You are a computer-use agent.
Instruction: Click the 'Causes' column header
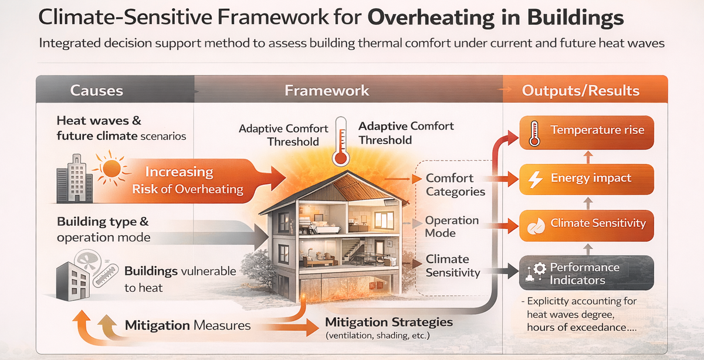pyautogui.click(x=96, y=90)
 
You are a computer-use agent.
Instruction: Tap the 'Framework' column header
pyautogui.click(x=327, y=90)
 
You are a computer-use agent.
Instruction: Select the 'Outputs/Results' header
pyautogui.click(x=580, y=91)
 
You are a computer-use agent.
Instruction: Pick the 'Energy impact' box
pyautogui.click(x=585, y=179)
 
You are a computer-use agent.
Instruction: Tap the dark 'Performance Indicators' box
pyautogui.click(x=585, y=273)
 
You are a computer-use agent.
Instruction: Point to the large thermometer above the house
pyautogui.click(x=339, y=141)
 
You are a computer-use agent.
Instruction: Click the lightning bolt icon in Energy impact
pyautogui.click(x=536, y=179)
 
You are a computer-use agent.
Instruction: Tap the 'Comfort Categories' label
pyautogui.click(x=455, y=185)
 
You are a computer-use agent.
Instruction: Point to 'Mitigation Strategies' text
pyautogui.click(x=389, y=322)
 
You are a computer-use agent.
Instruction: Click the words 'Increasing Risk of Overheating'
pyautogui.click(x=188, y=180)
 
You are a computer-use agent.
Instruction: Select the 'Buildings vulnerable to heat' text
pyautogui.click(x=180, y=279)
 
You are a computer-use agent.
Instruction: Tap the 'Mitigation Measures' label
pyautogui.click(x=188, y=325)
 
